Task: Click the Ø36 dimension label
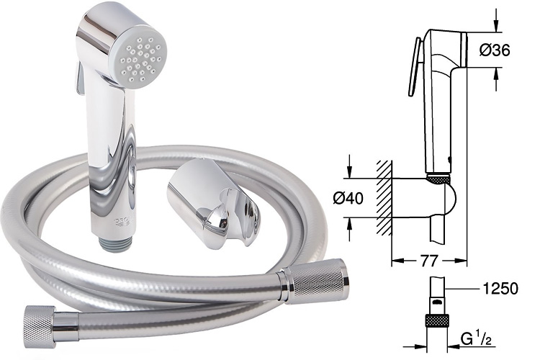(x=495, y=50)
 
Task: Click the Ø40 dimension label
(x=348, y=199)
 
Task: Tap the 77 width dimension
(x=429, y=261)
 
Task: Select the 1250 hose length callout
(x=500, y=289)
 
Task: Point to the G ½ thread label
(x=476, y=341)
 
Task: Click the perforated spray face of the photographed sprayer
(x=140, y=60)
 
